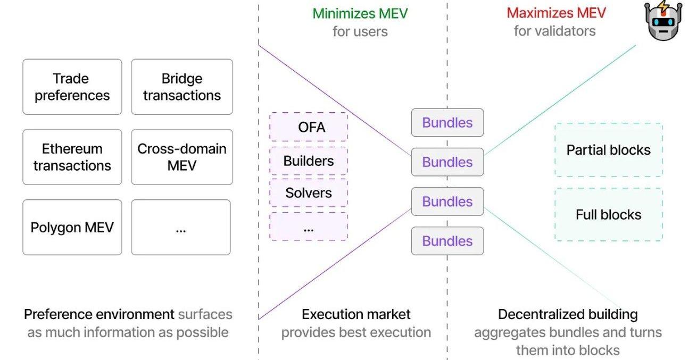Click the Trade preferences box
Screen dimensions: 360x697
pyautogui.click(x=72, y=87)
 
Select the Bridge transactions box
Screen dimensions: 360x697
pyautogui.click(x=182, y=87)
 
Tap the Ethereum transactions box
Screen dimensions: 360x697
pyautogui.click(x=72, y=157)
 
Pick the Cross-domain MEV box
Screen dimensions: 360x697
pyautogui.click(x=182, y=157)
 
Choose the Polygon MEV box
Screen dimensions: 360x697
pyautogui.click(x=72, y=228)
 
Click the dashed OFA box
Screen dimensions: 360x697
pyautogui.click(x=309, y=127)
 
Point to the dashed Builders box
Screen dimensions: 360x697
pyautogui.click(x=309, y=161)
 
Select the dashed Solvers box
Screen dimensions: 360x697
pyautogui.click(x=309, y=192)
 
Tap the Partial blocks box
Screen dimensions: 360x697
pyautogui.click(x=608, y=150)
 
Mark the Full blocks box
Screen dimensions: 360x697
pyautogui.click(x=608, y=214)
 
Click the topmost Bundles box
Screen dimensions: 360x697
pyautogui.click(x=447, y=122)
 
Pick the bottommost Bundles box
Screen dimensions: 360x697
pyautogui.click(x=447, y=241)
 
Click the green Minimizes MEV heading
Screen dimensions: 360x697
pyautogui.click(x=360, y=13)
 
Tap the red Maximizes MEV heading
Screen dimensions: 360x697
pyautogui.click(x=556, y=13)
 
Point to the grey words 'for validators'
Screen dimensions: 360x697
pyautogui.click(x=554, y=31)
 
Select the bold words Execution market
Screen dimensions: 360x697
pyautogui.click(x=356, y=314)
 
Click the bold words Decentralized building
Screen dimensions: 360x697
pyautogui.click(x=568, y=314)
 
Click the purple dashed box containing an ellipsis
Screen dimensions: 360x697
pyautogui.click(x=309, y=227)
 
